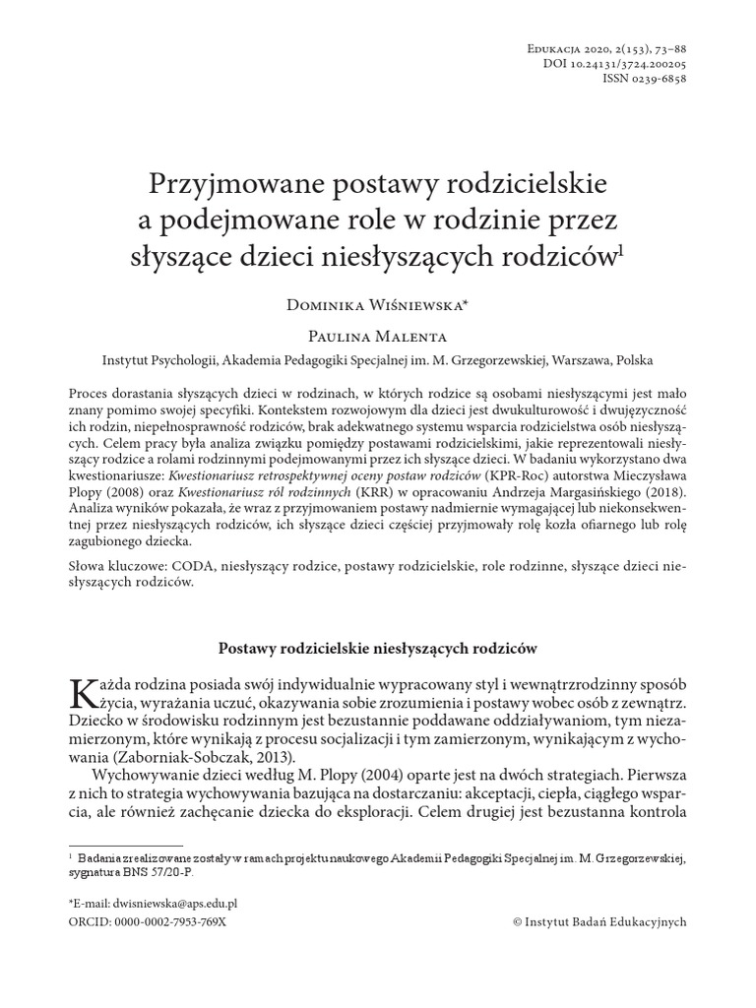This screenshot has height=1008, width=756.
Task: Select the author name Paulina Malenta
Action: (378, 335)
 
